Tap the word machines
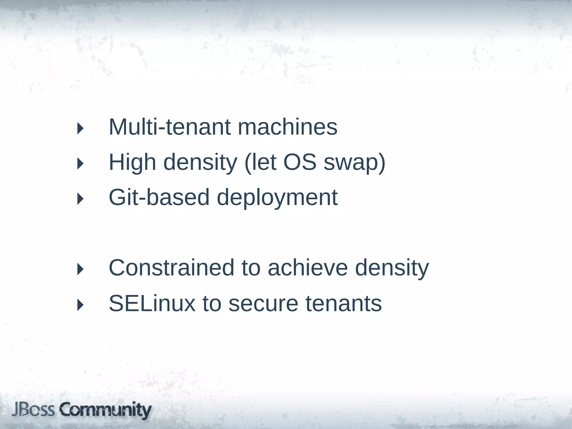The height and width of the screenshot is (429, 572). click(x=287, y=127)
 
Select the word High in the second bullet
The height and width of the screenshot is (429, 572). click(x=132, y=163)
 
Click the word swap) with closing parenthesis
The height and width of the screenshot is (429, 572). click(x=354, y=163)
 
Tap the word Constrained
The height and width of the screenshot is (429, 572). click(x=171, y=268)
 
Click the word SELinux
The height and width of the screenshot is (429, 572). click(x=152, y=303)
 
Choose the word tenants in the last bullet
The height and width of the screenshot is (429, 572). click(x=344, y=303)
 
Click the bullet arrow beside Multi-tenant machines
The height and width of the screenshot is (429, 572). click(x=80, y=128)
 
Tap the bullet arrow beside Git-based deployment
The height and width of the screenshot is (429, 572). click(x=80, y=199)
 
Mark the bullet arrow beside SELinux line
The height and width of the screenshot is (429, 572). click(x=80, y=305)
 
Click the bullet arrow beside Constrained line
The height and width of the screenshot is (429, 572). click(x=80, y=269)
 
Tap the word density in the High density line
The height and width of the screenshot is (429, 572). click(x=200, y=163)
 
